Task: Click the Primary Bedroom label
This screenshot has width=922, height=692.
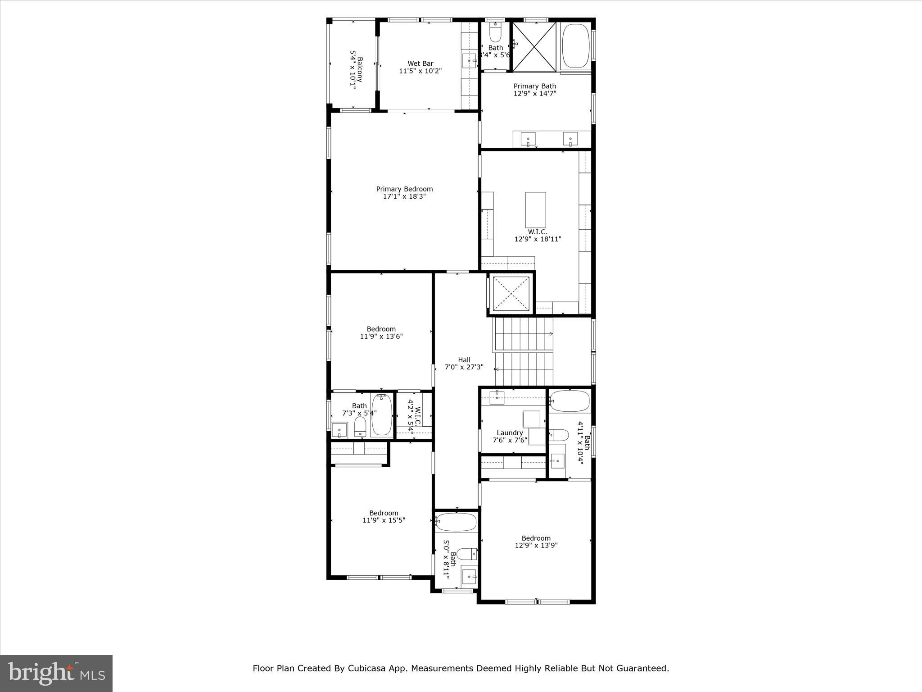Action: [x=404, y=189]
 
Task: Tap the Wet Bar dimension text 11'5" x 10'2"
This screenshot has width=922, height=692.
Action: [x=420, y=71]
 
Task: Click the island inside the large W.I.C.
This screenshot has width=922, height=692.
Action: [x=535, y=210]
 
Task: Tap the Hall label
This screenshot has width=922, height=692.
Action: [x=464, y=360]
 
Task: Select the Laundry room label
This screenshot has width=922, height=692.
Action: [x=510, y=432]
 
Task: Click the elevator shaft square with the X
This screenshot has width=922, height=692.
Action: [x=511, y=293]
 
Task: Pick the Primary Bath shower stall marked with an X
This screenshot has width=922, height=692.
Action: [x=534, y=46]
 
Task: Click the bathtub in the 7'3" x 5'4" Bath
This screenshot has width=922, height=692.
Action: [x=381, y=415]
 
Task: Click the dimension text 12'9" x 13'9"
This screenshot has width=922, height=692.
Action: [x=536, y=545]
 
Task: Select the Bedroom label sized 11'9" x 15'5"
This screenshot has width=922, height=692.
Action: [x=384, y=513]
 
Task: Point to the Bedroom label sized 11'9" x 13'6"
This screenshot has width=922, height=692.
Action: [x=381, y=329]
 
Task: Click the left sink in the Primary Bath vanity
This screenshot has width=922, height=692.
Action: [x=529, y=139]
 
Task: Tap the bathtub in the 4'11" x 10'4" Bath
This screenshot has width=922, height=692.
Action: [x=569, y=401]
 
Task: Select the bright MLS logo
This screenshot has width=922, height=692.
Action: [x=56, y=673]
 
